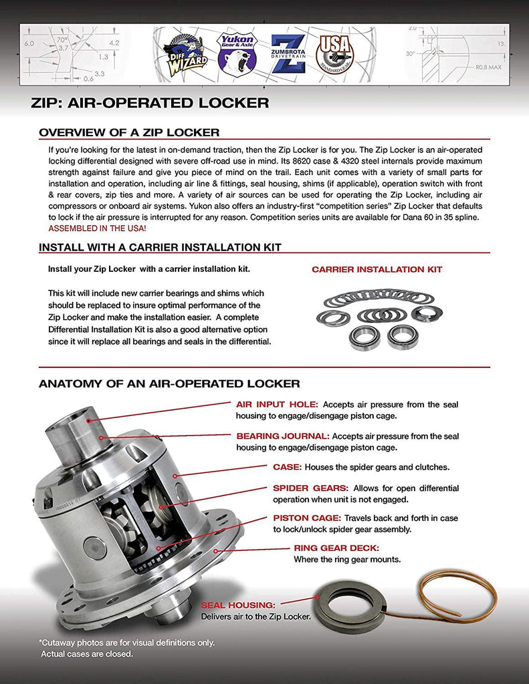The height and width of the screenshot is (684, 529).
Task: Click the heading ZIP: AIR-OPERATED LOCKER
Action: click(150, 103)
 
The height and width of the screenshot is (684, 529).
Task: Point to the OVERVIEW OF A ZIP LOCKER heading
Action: click(129, 132)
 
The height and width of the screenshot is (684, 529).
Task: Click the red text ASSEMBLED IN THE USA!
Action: click(98, 228)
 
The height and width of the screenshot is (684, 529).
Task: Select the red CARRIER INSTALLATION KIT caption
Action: click(377, 270)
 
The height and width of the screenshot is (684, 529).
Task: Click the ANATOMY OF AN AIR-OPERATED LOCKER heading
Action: click(169, 383)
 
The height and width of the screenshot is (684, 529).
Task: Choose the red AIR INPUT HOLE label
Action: click(277, 405)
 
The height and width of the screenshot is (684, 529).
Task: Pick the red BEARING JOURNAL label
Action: click(282, 436)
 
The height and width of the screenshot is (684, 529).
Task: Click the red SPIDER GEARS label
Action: click(310, 488)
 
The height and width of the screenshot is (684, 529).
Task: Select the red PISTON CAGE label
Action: click(307, 518)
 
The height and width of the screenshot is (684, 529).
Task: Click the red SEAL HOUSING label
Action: click(238, 605)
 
